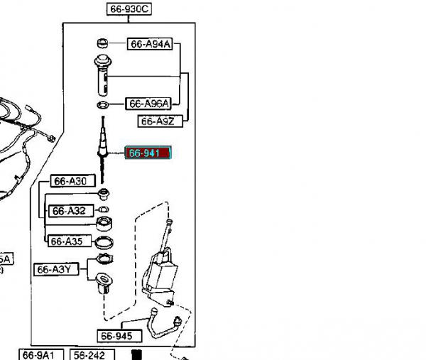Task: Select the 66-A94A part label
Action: coord(149,44)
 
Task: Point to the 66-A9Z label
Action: coord(157,121)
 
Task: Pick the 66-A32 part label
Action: coord(68,211)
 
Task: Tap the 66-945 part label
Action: coord(116,336)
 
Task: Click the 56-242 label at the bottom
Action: coord(90,354)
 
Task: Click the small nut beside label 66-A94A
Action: coord(102,44)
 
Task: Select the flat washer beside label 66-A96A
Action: coord(102,105)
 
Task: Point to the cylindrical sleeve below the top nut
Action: coord(101,75)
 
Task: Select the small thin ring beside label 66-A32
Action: coord(104,210)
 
